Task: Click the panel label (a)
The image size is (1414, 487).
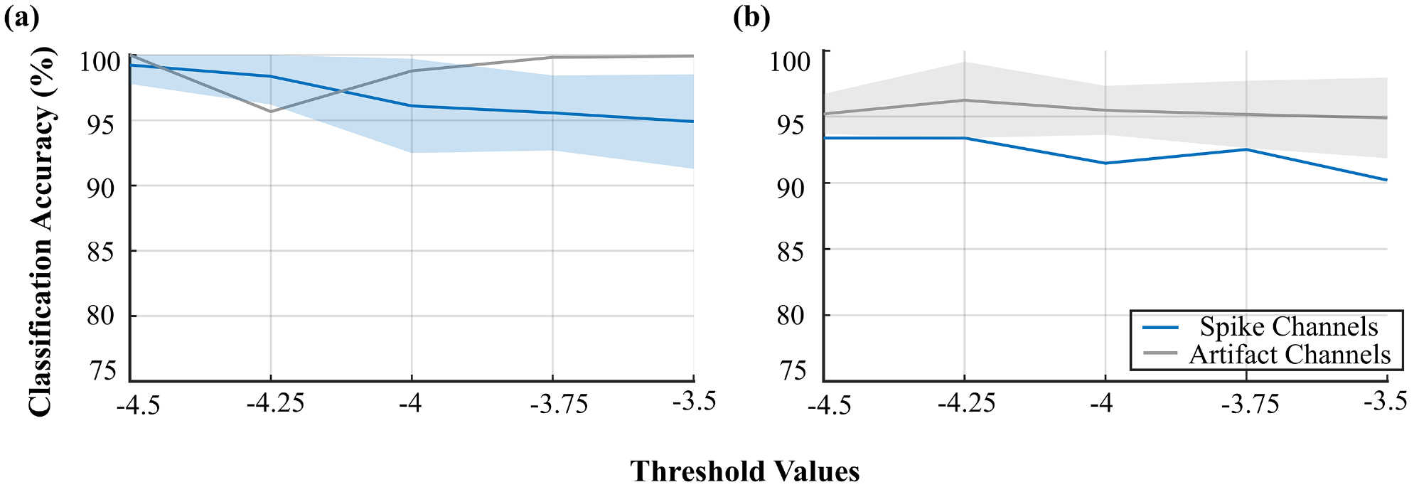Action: [x=21, y=17]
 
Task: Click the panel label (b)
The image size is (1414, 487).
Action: [x=751, y=17]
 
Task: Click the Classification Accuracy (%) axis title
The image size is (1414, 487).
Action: [x=41, y=231]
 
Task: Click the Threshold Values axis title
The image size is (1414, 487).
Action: [x=744, y=471]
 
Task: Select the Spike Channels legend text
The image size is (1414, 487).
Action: [x=1289, y=326]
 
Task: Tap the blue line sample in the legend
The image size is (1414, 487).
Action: [x=1160, y=328]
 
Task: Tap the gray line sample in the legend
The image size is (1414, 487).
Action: [x=1160, y=353]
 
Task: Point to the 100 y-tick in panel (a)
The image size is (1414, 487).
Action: [x=100, y=62]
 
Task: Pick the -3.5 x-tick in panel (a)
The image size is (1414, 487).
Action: [x=693, y=402]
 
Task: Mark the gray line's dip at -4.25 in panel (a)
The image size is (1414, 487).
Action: [x=271, y=112]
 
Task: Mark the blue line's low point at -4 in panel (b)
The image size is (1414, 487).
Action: [x=1105, y=163]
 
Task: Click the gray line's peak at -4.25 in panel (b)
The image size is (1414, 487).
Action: [x=965, y=100]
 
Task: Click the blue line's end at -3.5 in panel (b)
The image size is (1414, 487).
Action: [x=1386, y=180]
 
